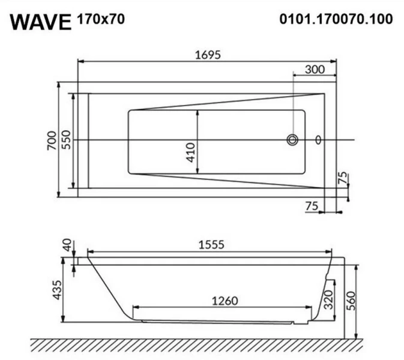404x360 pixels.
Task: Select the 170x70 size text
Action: coord(101,19)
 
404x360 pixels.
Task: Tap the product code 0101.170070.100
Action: coord(336,19)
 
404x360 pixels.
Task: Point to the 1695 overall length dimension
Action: coord(208,55)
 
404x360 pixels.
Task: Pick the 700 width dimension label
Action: coord(52,140)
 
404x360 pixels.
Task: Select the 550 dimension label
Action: coord(67,140)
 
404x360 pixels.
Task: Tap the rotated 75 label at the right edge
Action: coord(343,178)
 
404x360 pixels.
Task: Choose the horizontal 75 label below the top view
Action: coord(312,206)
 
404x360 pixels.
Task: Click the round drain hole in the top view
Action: coord(292,140)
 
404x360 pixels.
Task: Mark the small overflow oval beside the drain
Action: coord(318,140)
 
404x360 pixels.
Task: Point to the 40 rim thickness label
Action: coord(67,245)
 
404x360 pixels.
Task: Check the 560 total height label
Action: coord(352,298)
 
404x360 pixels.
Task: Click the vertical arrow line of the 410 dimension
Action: coord(198,143)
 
